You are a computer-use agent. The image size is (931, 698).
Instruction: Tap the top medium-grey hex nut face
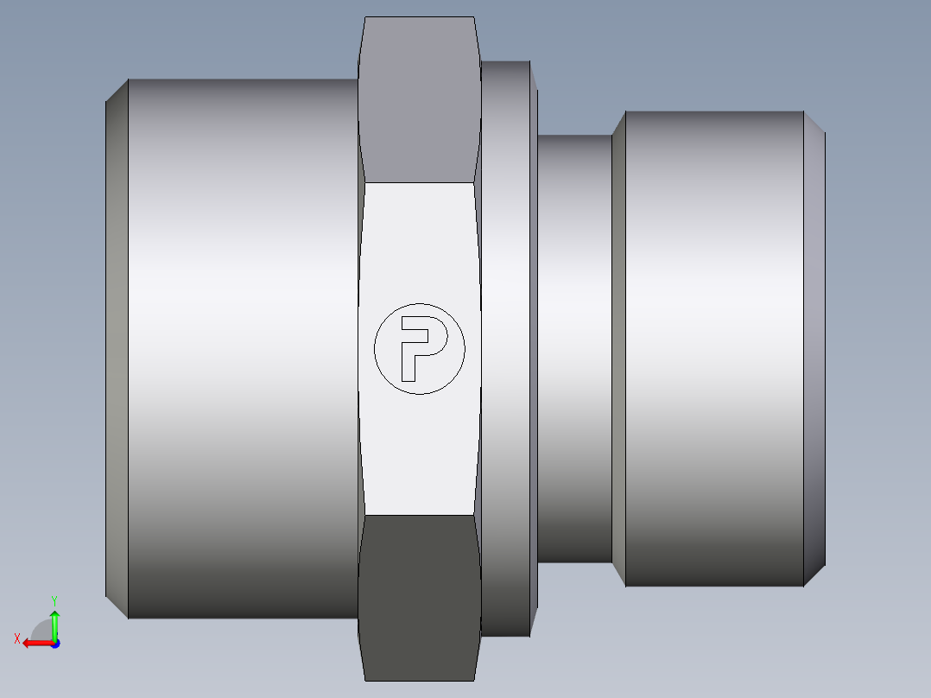419,99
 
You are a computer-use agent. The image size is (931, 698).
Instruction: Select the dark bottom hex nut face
419,598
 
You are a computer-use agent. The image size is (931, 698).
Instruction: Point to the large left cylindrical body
244,349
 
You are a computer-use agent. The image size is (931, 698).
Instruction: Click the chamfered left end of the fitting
117,349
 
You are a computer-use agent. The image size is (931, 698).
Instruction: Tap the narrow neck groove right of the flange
575,349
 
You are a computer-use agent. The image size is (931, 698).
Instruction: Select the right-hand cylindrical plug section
714,349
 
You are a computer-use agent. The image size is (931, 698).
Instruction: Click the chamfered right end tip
814,349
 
